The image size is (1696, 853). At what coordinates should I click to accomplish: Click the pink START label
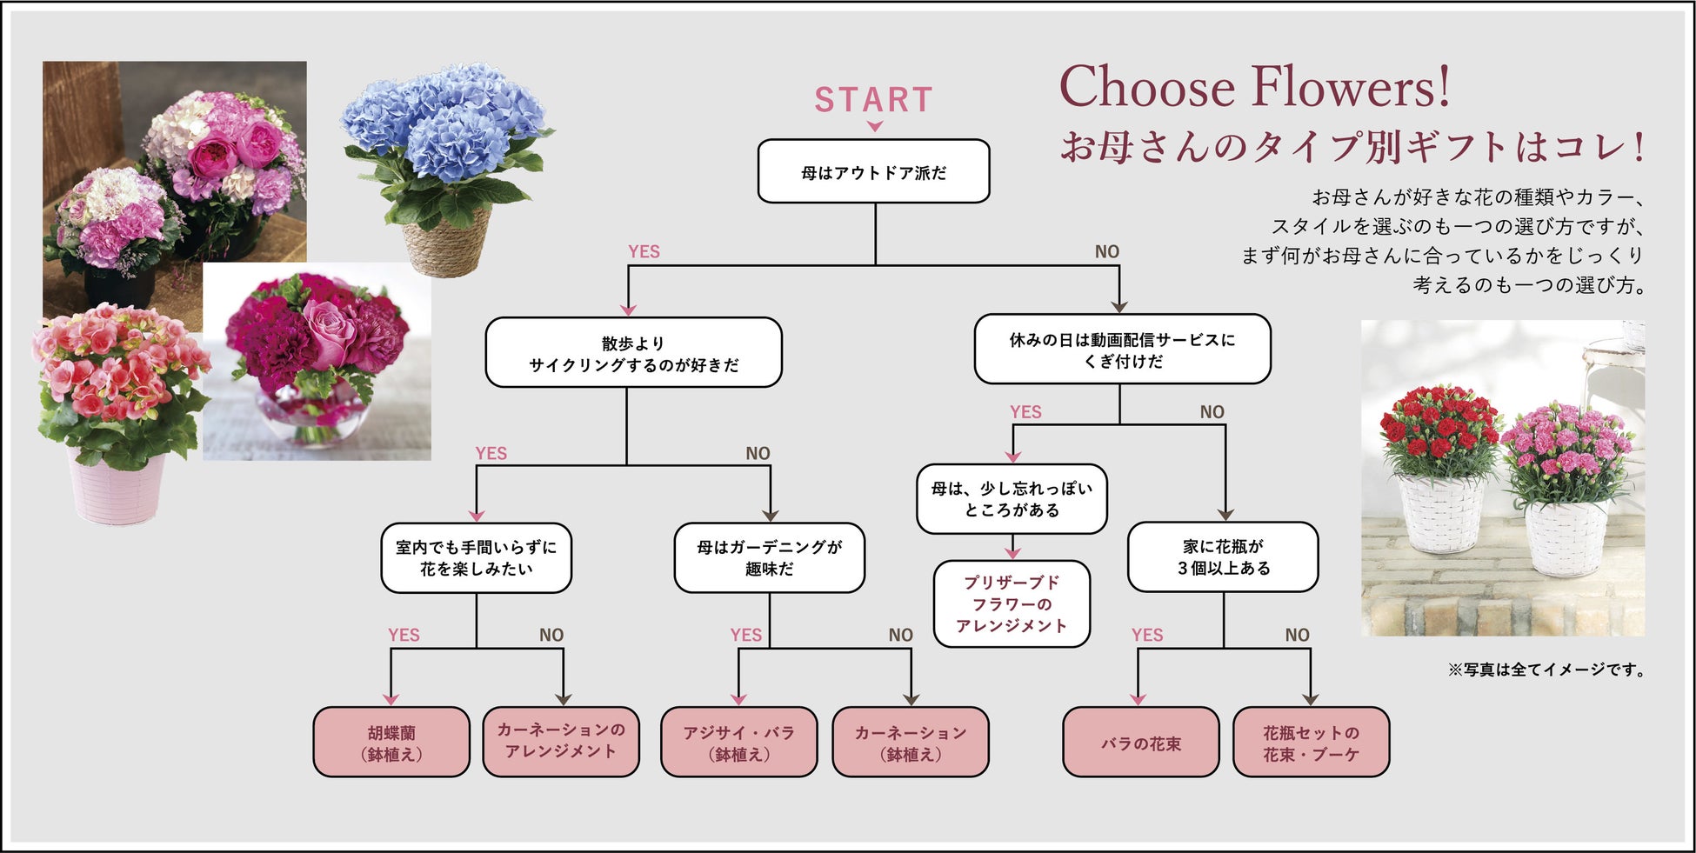click(873, 100)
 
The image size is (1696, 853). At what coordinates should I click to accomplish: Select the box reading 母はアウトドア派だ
click(873, 172)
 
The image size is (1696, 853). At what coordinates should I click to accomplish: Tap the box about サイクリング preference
click(633, 353)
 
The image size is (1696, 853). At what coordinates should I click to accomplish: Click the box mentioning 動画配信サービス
click(1122, 350)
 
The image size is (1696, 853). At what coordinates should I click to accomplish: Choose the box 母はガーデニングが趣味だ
click(769, 558)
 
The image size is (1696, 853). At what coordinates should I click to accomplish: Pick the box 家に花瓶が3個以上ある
click(1223, 557)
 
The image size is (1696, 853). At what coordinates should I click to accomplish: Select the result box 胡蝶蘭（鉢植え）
click(391, 743)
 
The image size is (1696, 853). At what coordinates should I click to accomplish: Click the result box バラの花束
click(1140, 743)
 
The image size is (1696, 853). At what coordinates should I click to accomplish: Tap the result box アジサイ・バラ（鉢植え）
click(738, 743)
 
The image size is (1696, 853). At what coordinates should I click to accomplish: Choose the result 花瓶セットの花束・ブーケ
click(1311, 743)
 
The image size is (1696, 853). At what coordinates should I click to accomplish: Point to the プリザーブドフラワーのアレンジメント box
click(1012, 604)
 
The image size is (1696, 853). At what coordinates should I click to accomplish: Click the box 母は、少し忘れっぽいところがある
click(1012, 499)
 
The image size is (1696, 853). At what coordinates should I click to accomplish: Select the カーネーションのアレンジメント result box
click(561, 741)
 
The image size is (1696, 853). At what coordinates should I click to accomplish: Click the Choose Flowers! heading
click(1254, 88)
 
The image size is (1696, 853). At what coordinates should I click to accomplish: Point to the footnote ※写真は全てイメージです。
click(1546, 670)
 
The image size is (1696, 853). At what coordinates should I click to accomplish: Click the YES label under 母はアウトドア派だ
click(644, 251)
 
